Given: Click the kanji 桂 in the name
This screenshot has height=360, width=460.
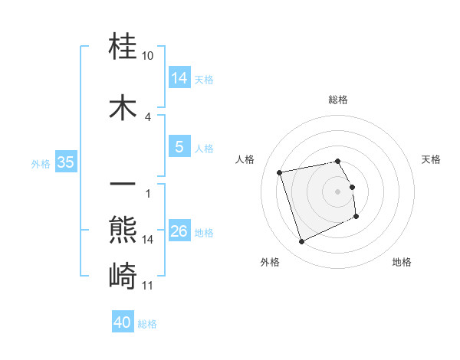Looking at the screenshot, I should coord(123,47).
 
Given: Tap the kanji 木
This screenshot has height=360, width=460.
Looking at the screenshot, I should coord(123,107).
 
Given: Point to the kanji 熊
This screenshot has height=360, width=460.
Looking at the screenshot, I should coord(123,228).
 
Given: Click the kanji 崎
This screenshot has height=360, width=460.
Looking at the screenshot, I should coord(123,275).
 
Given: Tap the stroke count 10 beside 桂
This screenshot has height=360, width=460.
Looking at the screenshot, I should coord(148,56).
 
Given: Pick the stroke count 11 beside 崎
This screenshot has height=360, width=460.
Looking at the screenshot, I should coord(148,286).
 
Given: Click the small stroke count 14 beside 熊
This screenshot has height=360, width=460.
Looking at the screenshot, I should coord(148,239).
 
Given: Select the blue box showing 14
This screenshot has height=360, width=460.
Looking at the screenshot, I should coord(179,77).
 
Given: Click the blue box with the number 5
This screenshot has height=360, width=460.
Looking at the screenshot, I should coord(179,147).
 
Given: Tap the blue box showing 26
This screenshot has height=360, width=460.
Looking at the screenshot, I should coord(179,231).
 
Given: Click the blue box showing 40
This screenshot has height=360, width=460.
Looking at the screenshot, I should coord(123,322).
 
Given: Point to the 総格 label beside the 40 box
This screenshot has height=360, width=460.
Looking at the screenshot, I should coord(147,324).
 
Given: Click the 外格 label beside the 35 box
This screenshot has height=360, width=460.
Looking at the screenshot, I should coord(41,163).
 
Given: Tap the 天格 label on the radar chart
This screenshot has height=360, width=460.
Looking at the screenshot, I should coord(431,159).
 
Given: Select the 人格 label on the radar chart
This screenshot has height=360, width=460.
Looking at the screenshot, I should coord(245,159).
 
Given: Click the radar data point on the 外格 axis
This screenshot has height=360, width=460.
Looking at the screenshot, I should coord(301,242).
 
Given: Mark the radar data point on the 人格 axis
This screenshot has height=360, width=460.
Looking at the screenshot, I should coord(280,172).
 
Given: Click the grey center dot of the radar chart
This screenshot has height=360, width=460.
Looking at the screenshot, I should coord(338,191).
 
